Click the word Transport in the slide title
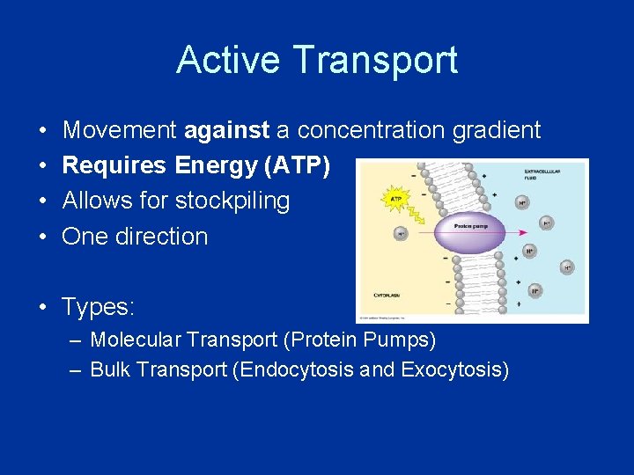376,60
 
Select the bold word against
226,131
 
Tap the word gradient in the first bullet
496,131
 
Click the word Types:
98,307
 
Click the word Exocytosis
454,370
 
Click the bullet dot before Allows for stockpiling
42,201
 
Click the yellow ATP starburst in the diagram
396,198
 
